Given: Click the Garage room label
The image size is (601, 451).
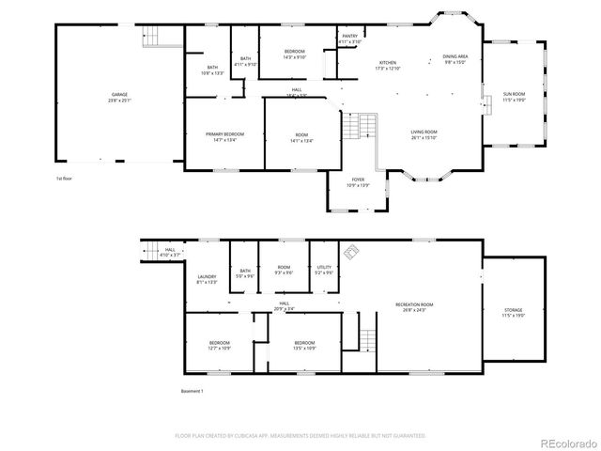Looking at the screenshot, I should coord(120,98).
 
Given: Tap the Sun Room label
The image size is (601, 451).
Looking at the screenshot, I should coord(514,97).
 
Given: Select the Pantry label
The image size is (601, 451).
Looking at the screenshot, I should coord(347,39).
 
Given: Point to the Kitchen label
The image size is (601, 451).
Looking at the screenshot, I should coord(387,66).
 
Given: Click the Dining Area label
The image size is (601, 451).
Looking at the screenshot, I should coord(455,60).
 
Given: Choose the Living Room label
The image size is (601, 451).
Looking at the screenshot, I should coord(424,134).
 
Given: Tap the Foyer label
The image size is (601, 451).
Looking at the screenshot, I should coord(358,182).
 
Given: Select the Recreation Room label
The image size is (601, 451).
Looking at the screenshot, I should coord(414,307).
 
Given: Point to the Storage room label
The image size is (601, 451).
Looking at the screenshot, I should coord(513,313).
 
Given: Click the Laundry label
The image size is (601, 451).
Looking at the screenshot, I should coord(207,279).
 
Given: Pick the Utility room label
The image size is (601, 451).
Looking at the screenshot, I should coord(323,271).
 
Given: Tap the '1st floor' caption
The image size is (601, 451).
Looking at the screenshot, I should coord(64,178).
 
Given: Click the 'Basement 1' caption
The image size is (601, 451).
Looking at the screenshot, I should coord(192,390).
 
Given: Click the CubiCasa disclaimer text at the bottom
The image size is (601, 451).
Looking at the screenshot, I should coord(300,436).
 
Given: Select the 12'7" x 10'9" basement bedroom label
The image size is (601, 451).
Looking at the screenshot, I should coord(220,345).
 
